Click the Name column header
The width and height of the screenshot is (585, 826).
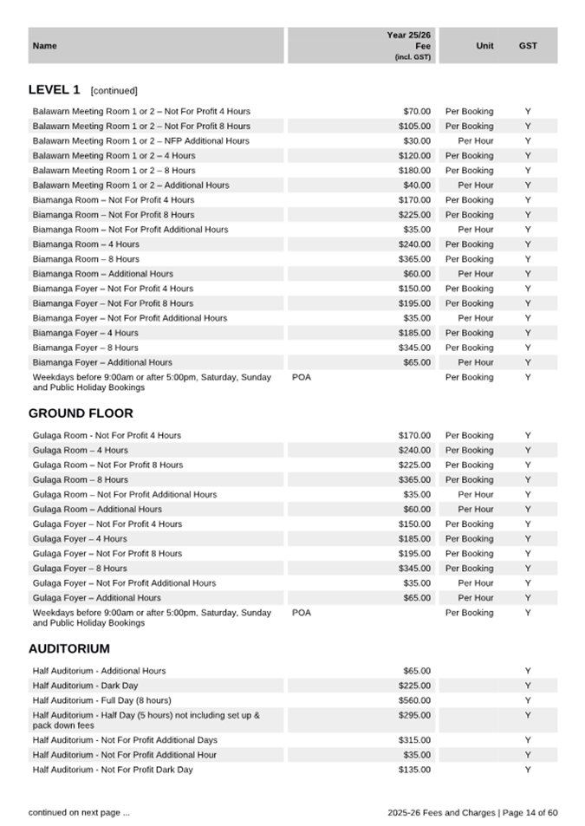click(x=44, y=46)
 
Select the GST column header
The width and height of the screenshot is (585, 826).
click(x=527, y=46)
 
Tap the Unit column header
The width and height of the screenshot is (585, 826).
click(x=484, y=46)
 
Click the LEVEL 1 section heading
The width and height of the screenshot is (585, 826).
click(x=55, y=89)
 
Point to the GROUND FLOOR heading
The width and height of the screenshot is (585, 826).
click(x=81, y=413)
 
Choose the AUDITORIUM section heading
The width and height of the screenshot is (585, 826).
click(x=68, y=648)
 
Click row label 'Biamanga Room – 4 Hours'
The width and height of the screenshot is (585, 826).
click(x=85, y=244)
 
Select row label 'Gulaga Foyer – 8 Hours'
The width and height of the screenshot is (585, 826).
click(x=80, y=569)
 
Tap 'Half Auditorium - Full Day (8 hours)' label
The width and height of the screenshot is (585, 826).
click(x=101, y=700)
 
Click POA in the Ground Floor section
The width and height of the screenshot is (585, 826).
click(x=301, y=613)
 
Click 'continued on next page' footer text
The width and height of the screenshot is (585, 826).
click(x=79, y=812)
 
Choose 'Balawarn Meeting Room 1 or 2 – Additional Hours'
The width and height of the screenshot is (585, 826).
click(x=131, y=185)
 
